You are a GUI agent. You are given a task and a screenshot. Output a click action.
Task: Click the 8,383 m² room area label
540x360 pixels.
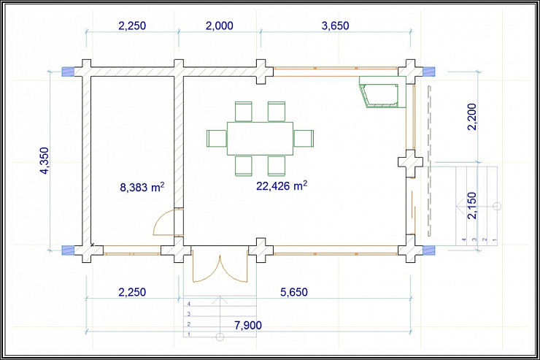(x=142, y=187)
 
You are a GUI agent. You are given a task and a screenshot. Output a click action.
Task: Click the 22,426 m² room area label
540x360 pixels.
(x=282, y=185)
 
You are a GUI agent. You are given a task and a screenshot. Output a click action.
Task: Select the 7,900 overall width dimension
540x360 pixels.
(x=248, y=325)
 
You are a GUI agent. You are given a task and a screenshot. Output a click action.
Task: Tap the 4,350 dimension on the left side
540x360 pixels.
(x=45, y=161)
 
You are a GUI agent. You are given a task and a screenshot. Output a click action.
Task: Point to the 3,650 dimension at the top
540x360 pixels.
(x=335, y=26)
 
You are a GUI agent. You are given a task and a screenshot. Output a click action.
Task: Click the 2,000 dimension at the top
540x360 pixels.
(x=220, y=26)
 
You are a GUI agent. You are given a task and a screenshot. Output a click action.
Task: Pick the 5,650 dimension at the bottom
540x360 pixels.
(x=294, y=292)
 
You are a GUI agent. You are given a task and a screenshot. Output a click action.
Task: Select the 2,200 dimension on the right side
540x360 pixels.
(x=472, y=116)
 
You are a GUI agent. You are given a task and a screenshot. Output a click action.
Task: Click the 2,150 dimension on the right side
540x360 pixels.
(x=472, y=205)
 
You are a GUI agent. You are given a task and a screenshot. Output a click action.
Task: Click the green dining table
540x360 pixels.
(x=260, y=139)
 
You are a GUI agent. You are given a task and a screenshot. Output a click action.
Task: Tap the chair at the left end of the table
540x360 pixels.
(x=217, y=139)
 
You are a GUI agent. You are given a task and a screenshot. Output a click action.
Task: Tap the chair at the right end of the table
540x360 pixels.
(x=304, y=139)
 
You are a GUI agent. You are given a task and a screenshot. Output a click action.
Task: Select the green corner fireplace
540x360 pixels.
(x=383, y=92)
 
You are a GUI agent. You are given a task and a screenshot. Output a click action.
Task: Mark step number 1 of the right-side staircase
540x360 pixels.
(x=493, y=206)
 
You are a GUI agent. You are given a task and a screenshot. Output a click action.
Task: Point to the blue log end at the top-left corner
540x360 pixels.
(x=68, y=72)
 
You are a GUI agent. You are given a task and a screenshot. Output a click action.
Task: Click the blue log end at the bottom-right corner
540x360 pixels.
(x=429, y=250)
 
